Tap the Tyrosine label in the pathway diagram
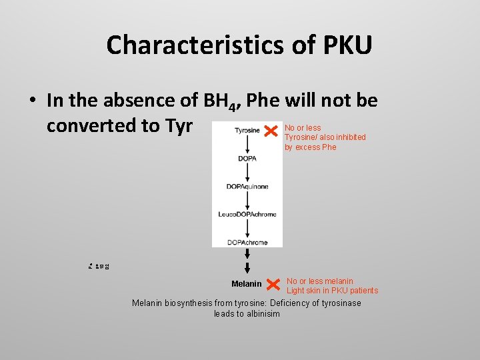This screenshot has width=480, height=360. point(247,131)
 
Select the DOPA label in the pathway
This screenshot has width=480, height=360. point(247,158)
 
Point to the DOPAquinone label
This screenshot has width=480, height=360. point(247,187)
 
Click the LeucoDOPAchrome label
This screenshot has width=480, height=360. point(247,214)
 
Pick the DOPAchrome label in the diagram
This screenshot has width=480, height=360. point(247,242)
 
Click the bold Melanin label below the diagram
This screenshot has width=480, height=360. point(247,284)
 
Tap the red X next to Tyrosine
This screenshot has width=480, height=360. point(271,130)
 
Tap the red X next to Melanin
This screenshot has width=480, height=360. point(272,285)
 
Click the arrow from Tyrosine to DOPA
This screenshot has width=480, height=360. point(247,145)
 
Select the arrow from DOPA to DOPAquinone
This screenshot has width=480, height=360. point(247,173)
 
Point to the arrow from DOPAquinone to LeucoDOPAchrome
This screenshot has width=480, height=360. point(247,201)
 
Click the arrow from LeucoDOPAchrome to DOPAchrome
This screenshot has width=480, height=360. point(247,228)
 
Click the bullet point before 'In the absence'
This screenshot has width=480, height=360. point(31,101)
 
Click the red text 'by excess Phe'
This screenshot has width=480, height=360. point(311,147)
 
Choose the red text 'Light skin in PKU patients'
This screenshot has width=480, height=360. point(332,291)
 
